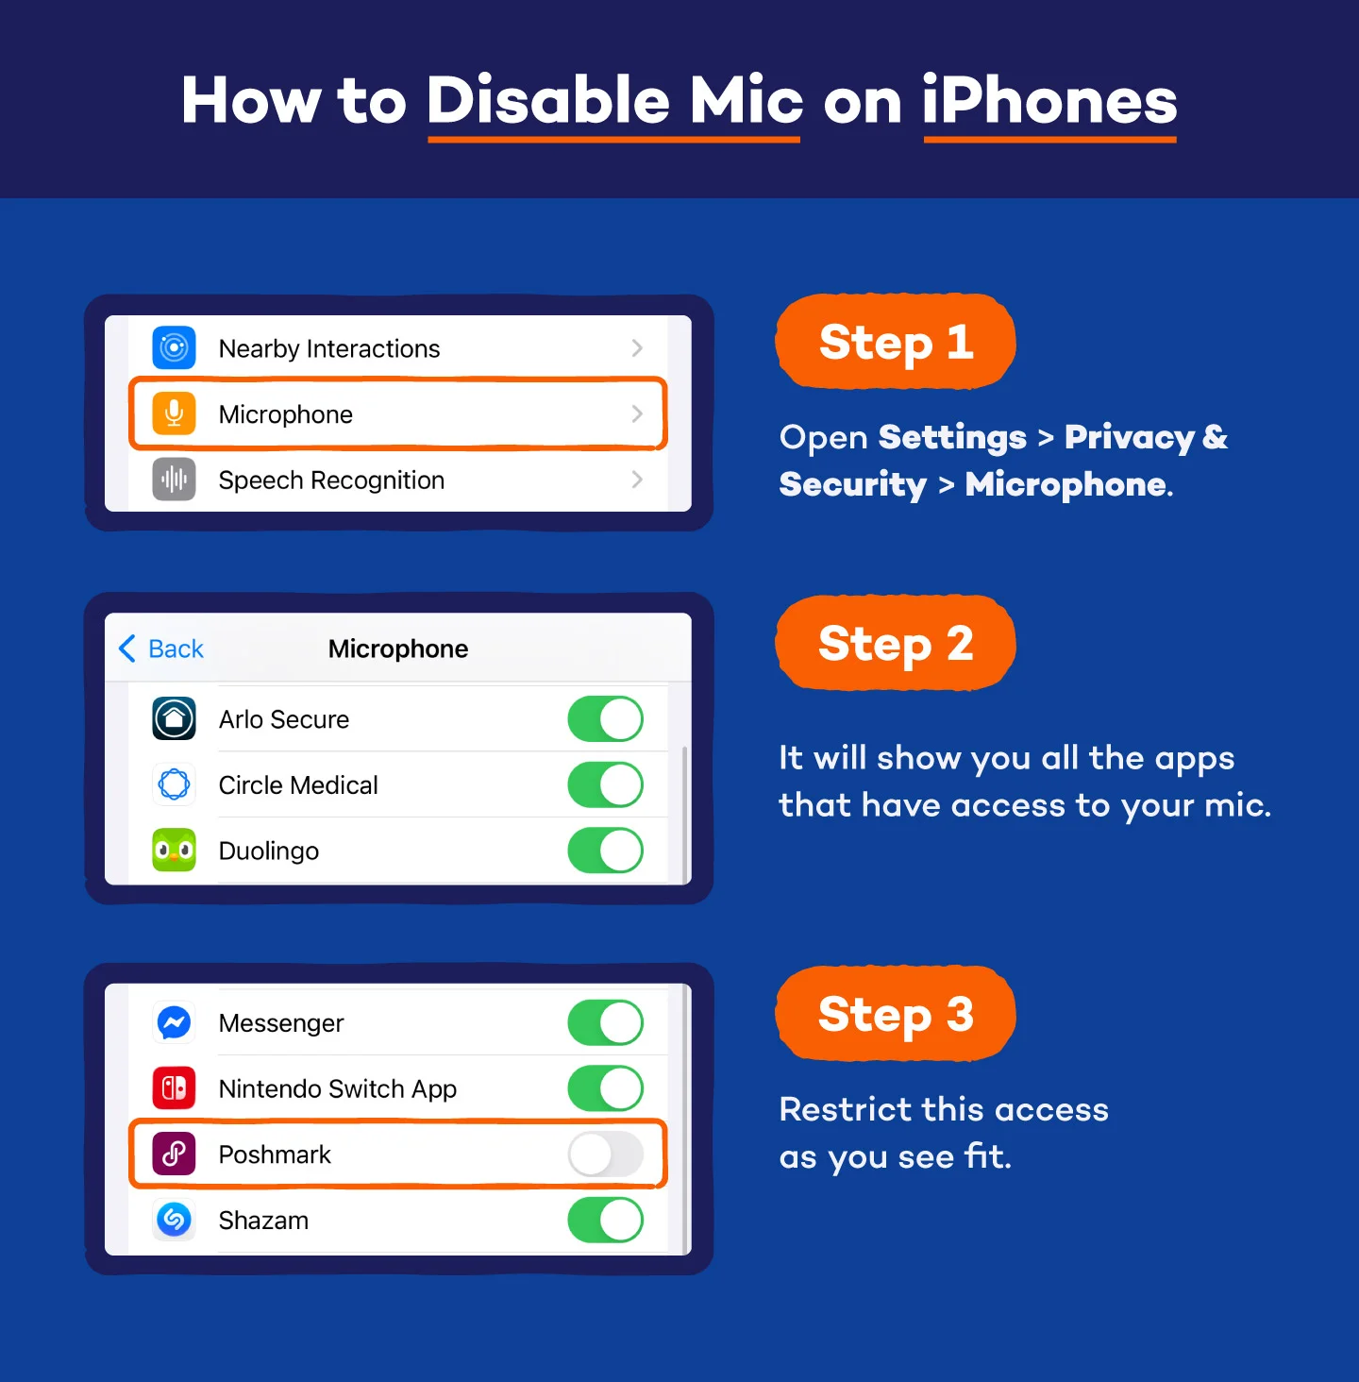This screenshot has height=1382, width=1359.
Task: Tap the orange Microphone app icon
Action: [x=174, y=413]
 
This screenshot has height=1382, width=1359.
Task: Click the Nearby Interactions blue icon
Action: [x=174, y=347]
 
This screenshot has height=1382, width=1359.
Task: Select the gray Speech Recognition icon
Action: [x=174, y=480]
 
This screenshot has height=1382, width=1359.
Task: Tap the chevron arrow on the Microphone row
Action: [x=637, y=413]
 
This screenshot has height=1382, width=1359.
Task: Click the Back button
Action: [x=161, y=649]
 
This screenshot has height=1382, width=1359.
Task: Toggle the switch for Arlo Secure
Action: [x=605, y=719]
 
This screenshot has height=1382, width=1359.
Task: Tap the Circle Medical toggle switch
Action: [x=605, y=784]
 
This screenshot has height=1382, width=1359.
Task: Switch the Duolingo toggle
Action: [x=605, y=851]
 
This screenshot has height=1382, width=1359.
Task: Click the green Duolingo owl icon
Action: [x=174, y=851]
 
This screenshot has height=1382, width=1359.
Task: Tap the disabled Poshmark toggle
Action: [x=605, y=1154]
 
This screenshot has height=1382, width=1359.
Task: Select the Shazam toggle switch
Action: [x=605, y=1220]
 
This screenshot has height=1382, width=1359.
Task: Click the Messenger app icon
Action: [x=174, y=1022]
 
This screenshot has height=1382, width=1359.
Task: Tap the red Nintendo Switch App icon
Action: [x=174, y=1088]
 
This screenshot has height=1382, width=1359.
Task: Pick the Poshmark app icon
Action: [x=174, y=1154]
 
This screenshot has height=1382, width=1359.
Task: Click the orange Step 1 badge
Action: [x=895, y=342]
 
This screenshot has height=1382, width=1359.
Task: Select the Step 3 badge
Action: [x=895, y=1014]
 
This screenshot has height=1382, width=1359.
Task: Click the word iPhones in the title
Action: [x=1049, y=100]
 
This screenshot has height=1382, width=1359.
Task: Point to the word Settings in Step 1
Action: [x=951, y=437]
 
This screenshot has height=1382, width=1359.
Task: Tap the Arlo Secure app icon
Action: [x=174, y=719]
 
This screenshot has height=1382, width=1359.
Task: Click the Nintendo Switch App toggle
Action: [x=605, y=1088]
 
